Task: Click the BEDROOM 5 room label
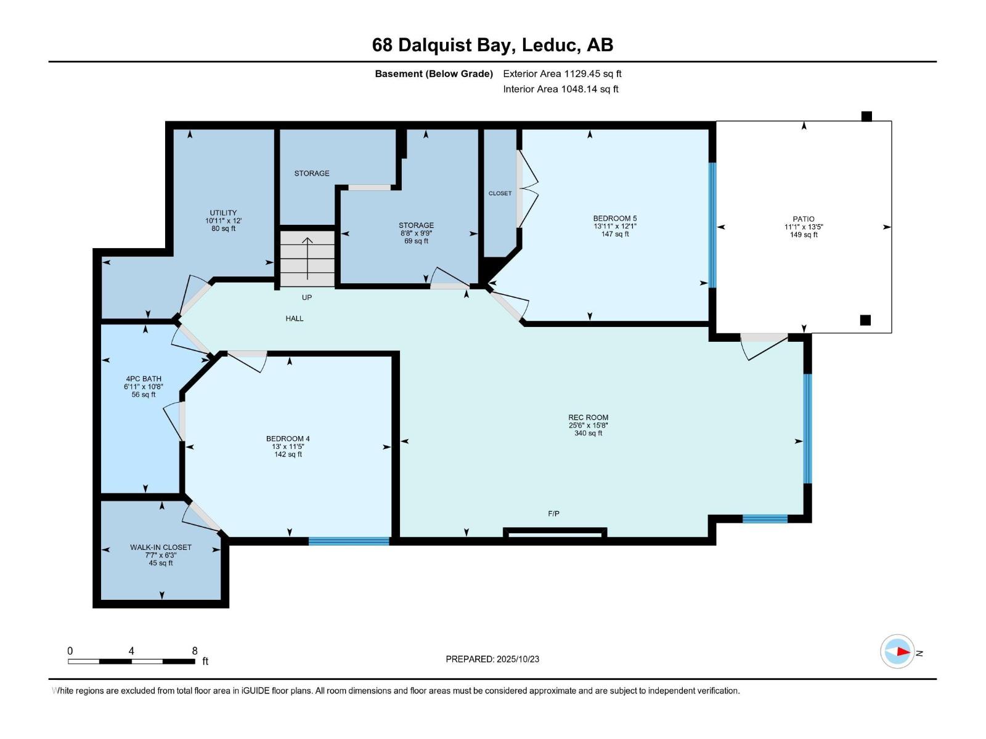point(614,218)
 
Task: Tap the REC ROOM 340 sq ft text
point(588,433)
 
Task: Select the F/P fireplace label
point(553,514)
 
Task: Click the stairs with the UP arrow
point(308,257)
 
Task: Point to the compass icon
point(897,652)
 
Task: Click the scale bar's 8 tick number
point(195,651)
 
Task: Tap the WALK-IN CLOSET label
point(160,547)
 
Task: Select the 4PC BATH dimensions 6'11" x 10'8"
point(143,387)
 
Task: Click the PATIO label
point(804,219)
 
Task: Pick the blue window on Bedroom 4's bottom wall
point(349,541)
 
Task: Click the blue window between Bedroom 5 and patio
point(712,225)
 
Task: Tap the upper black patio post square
point(866,116)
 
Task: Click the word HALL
point(295,318)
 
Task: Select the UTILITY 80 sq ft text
point(223,228)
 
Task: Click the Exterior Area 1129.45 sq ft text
point(562,73)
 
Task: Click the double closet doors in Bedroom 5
point(527,189)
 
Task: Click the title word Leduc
point(550,45)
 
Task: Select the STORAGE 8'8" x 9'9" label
point(416,233)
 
